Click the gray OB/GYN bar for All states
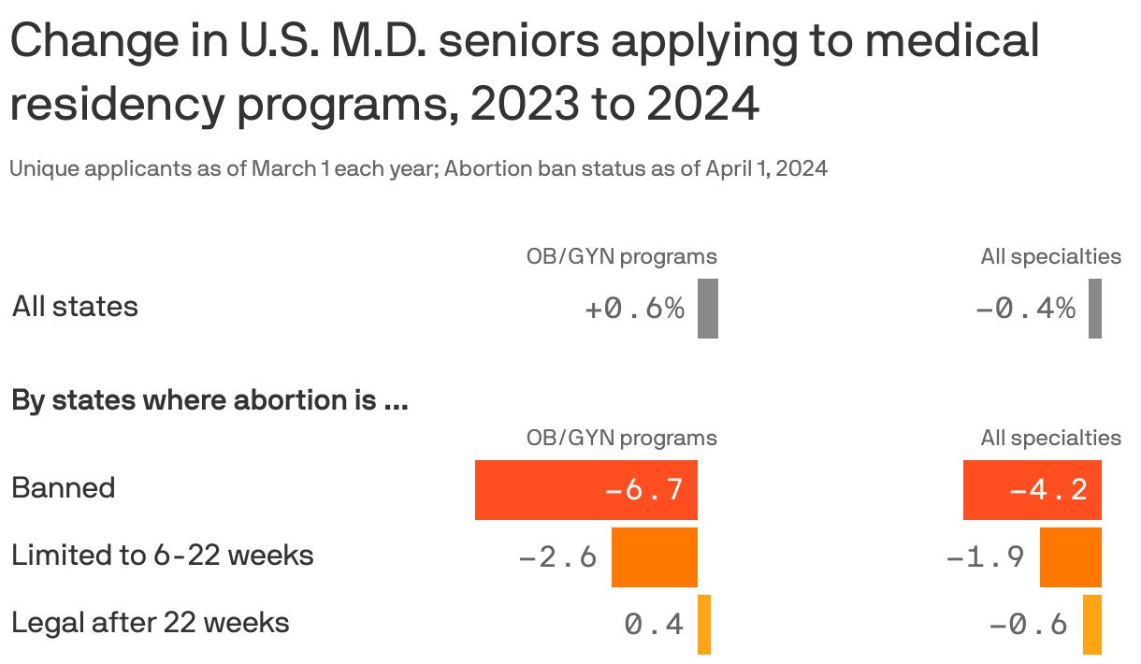[708, 309]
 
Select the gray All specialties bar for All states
[1095, 309]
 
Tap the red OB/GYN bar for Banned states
[586, 490]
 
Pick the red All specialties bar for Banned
[1033, 490]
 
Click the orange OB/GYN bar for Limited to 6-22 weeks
[655, 557]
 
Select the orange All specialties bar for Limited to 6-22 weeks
[1071, 557]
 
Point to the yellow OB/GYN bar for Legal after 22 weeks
[704, 625]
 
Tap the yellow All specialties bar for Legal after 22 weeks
[1092, 625]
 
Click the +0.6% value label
[635, 309]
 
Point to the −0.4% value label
[1025, 309]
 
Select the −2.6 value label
[558, 557]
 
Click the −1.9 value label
[986, 557]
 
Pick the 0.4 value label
[654, 625]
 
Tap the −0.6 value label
[1028, 625]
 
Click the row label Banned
[64, 488]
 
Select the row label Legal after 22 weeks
[151, 623]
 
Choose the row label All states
[75, 307]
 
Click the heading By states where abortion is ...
[209, 401]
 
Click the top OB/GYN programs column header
[622, 256]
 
